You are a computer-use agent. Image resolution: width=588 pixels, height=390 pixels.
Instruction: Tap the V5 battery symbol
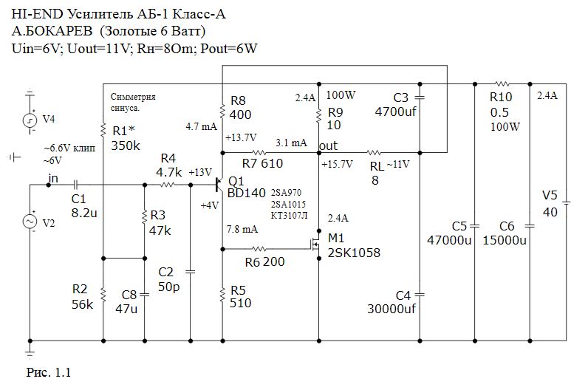click(x=566, y=200)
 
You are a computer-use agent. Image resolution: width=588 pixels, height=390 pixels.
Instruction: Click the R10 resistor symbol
click(x=502, y=84)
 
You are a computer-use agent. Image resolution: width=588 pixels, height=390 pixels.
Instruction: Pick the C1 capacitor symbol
click(x=77, y=185)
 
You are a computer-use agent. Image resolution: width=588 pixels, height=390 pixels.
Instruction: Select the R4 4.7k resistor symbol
click(x=168, y=185)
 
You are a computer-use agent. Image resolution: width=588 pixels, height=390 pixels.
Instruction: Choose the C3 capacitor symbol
click(x=420, y=97)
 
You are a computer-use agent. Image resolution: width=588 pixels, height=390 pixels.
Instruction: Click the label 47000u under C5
click(x=450, y=239)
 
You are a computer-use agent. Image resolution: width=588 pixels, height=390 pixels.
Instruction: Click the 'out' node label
click(x=328, y=146)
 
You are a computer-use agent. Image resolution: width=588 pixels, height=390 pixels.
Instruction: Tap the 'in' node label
click(x=53, y=178)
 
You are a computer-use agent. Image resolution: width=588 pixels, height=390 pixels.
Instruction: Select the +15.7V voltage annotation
click(x=338, y=163)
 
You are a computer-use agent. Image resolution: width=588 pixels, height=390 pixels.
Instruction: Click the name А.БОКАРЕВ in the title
click(x=53, y=32)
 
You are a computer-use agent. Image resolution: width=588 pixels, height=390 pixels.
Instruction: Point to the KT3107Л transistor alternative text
click(x=289, y=215)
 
